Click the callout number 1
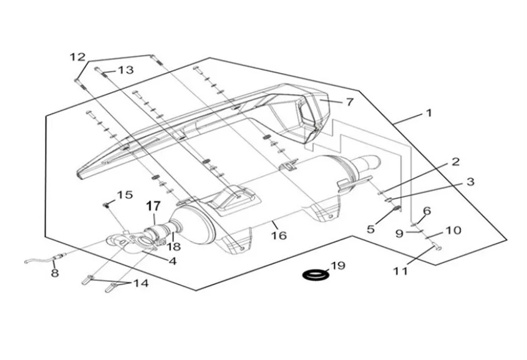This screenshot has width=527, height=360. pyautogui.click(x=429, y=114)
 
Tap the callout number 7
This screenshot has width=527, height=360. pyautogui.click(x=349, y=102)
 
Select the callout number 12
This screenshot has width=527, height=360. pyautogui.click(x=77, y=57)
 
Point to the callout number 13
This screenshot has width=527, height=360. pyautogui.click(x=125, y=70)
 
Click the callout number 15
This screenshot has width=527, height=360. pyautogui.click(x=125, y=195)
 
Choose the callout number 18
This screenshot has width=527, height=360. pyautogui.click(x=173, y=246)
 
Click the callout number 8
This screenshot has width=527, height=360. pyautogui.click(x=55, y=273)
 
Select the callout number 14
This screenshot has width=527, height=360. pyautogui.click(x=141, y=283)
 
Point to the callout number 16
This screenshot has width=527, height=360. pyautogui.click(x=279, y=235)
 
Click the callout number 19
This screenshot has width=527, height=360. pyautogui.click(x=337, y=266)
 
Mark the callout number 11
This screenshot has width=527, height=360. pyautogui.click(x=400, y=271)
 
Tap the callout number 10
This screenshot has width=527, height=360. pyautogui.click(x=453, y=230)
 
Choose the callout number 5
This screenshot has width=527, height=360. pyautogui.click(x=371, y=229)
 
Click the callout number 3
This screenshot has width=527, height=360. pyautogui.click(x=470, y=182)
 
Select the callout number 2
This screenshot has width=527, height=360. pyautogui.click(x=456, y=162)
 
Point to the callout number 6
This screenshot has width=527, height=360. pyautogui.click(x=427, y=211)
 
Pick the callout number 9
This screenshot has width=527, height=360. pyautogui.click(x=399, y=233)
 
